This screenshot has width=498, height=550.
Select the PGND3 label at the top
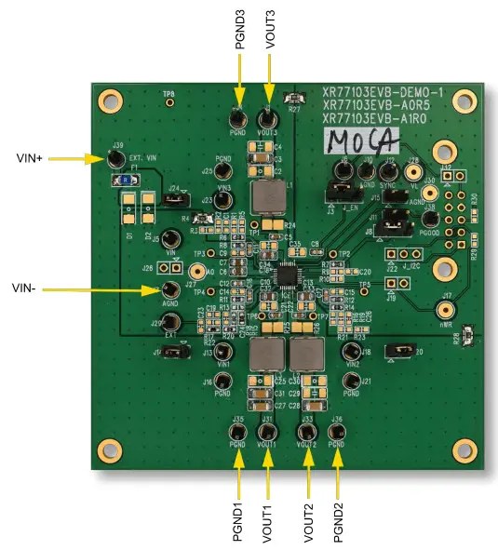click(x=239, y=30)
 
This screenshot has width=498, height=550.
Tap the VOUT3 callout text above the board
click(x=269, y=29)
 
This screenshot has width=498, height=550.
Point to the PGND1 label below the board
click(x=238, y=522)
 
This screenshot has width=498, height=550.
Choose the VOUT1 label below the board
click(x=267, y=523)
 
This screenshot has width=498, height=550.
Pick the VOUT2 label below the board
click(x=308, y=523)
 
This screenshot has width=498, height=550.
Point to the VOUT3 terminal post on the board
click(x=269, y=120)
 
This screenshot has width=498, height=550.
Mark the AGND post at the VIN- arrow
click(x=170, y=288)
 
